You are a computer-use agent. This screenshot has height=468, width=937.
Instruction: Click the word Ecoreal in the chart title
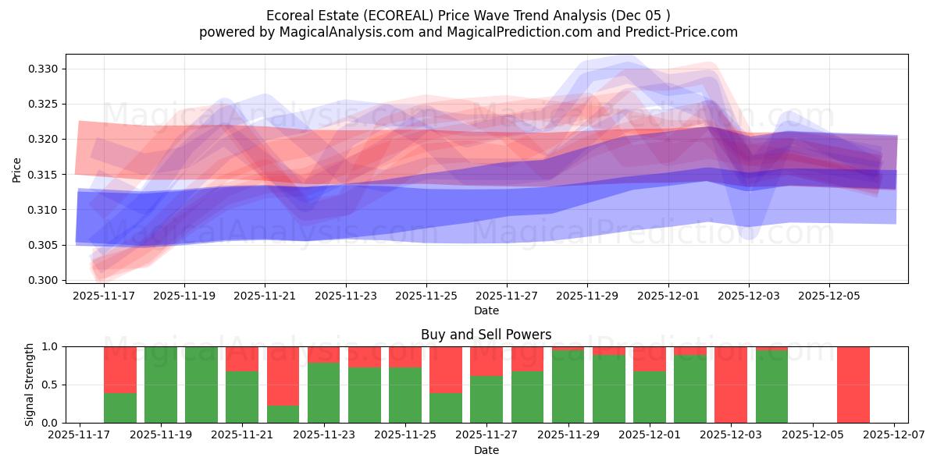290,16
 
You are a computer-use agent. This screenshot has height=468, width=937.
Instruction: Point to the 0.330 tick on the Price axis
44,69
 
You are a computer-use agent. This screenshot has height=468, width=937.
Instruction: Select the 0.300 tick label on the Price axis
44,280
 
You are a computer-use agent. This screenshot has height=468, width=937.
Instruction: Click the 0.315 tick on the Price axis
44,175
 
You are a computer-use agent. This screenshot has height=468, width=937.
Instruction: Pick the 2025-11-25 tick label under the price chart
426,296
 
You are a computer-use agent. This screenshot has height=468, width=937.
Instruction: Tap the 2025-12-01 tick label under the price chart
668,296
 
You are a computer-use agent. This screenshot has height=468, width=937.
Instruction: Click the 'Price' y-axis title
16,169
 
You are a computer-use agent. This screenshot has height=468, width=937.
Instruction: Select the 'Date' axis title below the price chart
486,310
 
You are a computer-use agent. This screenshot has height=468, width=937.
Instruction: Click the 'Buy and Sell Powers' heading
486,335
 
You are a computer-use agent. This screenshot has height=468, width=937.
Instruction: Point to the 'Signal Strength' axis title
29,385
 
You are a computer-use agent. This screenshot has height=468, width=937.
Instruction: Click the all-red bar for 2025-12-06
853,385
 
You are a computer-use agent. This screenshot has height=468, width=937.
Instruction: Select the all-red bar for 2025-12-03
731,385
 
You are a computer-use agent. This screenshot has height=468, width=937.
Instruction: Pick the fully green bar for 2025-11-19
160,385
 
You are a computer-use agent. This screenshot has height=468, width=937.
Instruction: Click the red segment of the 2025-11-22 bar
283,375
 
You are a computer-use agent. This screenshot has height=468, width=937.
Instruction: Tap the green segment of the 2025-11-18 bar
119,408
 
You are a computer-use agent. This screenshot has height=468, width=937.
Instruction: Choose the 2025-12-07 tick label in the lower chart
893,436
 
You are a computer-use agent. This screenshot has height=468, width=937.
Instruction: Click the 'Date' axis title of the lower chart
486,450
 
